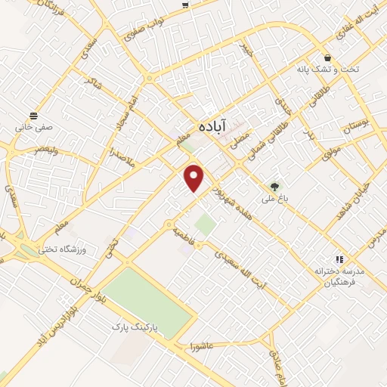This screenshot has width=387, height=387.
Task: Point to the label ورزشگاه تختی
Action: point(85,249)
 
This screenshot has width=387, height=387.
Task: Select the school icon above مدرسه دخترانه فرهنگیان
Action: point(339,259)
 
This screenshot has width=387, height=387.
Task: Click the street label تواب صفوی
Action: point(145,34)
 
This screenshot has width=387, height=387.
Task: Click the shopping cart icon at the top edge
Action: point(186,5)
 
